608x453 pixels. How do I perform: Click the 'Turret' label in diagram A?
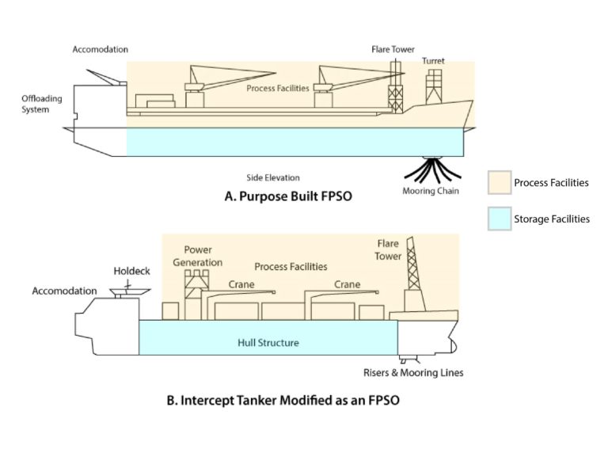click(x=432, y=60)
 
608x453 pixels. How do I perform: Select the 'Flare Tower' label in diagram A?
click(x=393, y=49)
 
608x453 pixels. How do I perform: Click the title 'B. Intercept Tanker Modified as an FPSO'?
click(x=283, y=400)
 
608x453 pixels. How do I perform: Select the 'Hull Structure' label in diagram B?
click(x=268, y=343)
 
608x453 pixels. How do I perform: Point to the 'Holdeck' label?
click(x=131, y=271)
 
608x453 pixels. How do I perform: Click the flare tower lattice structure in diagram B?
click(x=412, y=269)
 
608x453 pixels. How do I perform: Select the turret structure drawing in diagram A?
click(x=434, y=86)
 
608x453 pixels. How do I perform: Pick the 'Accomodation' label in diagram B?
click(x=64, y=291)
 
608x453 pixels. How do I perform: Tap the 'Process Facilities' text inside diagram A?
click(x=277, y=88)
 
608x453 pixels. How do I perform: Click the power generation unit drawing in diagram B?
click(x=195, y=293)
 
